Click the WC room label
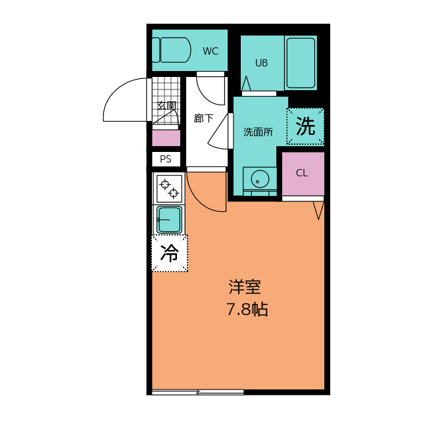click(210, 51)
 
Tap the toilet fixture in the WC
click(172, 49)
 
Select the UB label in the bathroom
click(261, 63)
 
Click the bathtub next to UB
click(301, 62)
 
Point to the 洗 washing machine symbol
click(305, 126)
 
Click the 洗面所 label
click(259, 132)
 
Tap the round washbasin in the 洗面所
click(260, 178)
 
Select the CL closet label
click(302, 173)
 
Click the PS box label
click(166, 159)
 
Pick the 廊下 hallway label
click(203, 119)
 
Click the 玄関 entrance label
click(166, 105)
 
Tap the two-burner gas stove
click(169, 187)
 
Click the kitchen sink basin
click(169, 219)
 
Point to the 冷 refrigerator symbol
click(170, 253)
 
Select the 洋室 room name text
click(245, 287)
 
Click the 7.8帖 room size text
click(247, 309)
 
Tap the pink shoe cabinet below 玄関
click(166, 138)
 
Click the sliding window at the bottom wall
click(197, 392)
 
